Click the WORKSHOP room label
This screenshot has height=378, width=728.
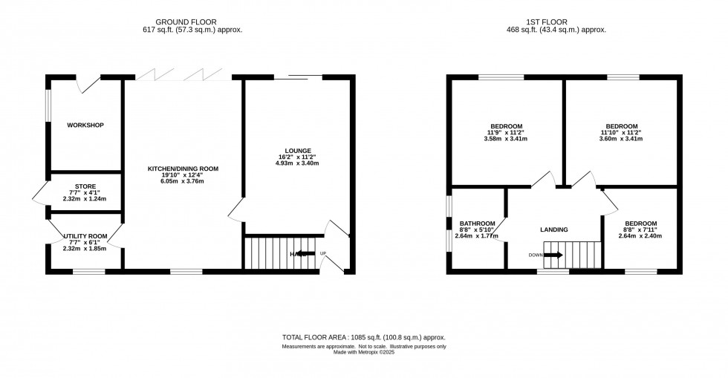pos(84,125)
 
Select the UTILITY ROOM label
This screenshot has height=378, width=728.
pos(85,236)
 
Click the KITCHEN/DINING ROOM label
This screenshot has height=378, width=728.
pos(183,169)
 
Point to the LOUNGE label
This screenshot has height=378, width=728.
pos(296,151)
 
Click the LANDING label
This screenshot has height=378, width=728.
pos(554,229)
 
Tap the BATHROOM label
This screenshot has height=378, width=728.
pos(476,223)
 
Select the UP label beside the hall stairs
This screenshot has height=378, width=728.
pos(323,254)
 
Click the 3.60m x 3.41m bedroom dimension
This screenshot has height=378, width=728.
pos(621,139)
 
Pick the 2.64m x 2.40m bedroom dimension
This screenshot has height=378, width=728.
pos(640,236)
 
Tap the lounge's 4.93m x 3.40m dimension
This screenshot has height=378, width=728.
pos(296,163)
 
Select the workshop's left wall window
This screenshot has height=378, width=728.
pos(48,105)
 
